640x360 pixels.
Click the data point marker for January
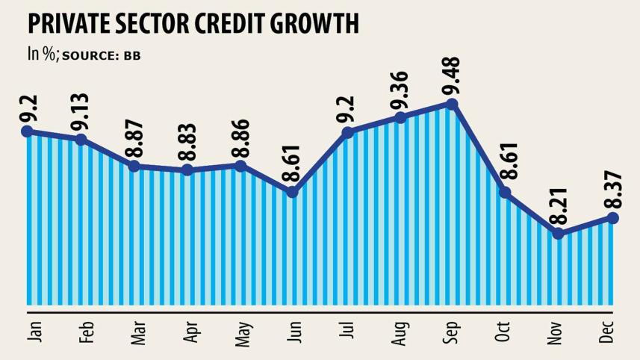pos(28,131)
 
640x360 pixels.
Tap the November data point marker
pos(558,234)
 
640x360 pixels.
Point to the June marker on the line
pos(293,192)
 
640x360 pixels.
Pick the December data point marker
pos(612,217)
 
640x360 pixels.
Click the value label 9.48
pos(452,78)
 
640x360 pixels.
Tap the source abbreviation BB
pos(132,56)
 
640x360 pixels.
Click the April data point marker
pos(187,170)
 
